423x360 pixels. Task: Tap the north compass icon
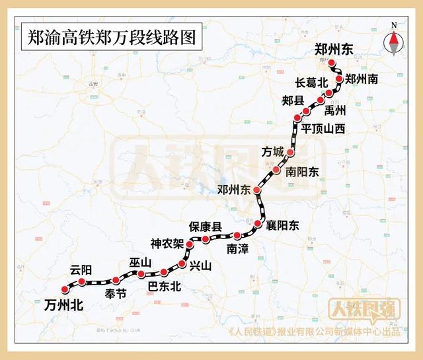pos(395,43)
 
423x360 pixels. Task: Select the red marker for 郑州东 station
pos(333,64)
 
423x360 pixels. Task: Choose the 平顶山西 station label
pos(323,128)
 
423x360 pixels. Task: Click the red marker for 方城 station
pos(289,153)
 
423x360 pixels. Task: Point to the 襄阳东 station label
pos(282,226)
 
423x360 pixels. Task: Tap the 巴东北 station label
pos(163,287)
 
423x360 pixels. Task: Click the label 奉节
pos(116,295)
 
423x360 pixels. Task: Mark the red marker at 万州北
pos(65,289)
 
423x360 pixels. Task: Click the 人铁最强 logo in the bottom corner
pos(365,310)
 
